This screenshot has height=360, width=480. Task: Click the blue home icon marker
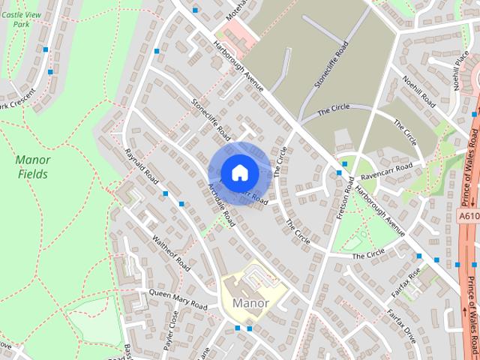pos(239,172)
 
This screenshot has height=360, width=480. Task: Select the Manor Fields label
pos(32,166)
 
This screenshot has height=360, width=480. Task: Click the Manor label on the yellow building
pos(250,304)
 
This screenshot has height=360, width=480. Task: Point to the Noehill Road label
pos(418,90)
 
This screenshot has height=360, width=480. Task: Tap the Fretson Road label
pos(346,196)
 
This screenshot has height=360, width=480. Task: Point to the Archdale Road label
pos(221,203)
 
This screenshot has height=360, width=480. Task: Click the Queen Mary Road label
pos(178,298)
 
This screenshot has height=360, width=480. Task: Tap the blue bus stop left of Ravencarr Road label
pos(339,172)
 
